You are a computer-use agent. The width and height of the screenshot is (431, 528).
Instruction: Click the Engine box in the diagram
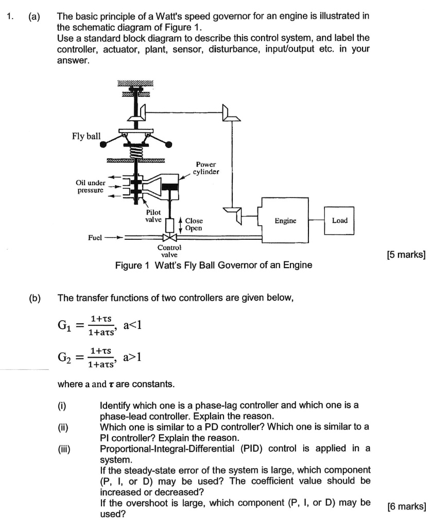[x=285, y=220]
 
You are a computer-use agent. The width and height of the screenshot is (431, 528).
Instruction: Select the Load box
[x=339, y=220]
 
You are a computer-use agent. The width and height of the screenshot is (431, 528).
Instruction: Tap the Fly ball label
[x=87, y=137]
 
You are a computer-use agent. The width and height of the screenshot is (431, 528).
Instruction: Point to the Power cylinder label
[x=206, y=168]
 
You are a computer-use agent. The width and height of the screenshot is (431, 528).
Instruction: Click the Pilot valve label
[x=153, y=216]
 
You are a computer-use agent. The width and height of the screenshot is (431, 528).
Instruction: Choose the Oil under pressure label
[x=90, y=186]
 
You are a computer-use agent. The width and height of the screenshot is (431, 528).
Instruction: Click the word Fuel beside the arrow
[x=96, y=238]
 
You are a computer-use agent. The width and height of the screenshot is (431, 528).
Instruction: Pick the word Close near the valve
[x=194, y=221]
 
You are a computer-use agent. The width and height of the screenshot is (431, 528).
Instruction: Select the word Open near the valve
[x=194, y=228]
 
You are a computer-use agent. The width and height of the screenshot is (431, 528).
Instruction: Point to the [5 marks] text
[x=405, y=253]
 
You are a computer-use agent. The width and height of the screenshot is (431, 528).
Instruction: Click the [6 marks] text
[x=405, y=506]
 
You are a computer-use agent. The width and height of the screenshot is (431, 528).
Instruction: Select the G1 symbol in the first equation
[x=66, y=326]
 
